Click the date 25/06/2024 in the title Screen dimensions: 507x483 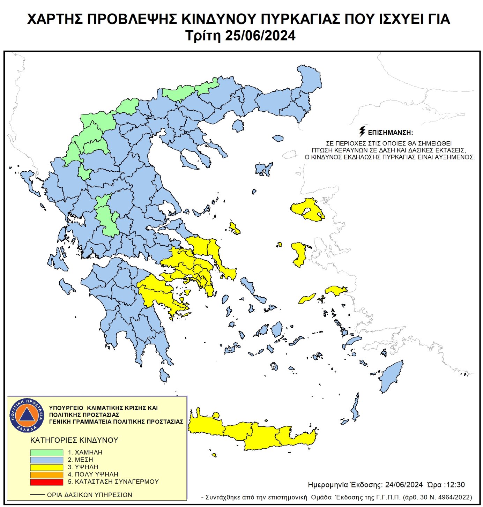[260, 36]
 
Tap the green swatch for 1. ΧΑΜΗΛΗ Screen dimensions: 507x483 [46, 452]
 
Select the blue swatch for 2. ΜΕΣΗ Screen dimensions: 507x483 [46, 460]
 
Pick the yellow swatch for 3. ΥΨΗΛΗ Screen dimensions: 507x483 [46, 467]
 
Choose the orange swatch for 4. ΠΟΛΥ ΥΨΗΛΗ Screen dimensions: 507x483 [46, 475]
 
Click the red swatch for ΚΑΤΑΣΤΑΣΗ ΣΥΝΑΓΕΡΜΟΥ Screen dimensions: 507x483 [46, 482]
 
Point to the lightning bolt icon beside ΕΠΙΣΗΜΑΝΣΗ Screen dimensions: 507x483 [362, 132]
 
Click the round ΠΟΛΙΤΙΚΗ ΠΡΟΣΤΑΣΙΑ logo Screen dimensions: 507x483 [27, 415]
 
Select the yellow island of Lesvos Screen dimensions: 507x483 [307, 209]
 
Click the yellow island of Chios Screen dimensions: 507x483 [299, 253]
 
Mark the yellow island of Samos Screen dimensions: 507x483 [336, 291]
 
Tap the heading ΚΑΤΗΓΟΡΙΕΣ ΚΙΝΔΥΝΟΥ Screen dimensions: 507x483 [74, 440]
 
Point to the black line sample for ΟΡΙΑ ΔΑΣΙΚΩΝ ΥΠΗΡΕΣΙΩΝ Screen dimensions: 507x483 [37, 495]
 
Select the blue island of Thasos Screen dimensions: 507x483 [238, 126]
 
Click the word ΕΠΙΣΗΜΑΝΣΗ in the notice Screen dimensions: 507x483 [390, 133]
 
